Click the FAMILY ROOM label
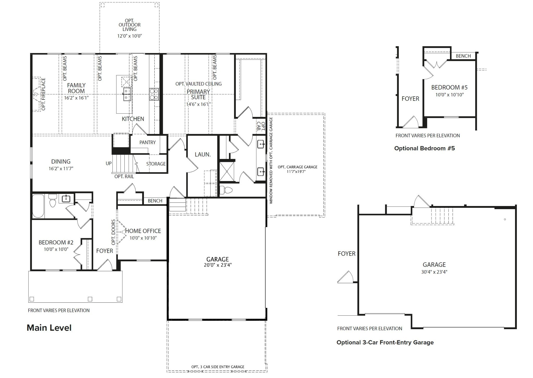click(76, 88)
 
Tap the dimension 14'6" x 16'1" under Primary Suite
click(198, 104)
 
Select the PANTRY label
click(147, 142)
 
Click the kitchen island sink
click(127, 94)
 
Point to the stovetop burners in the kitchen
click(154, 94)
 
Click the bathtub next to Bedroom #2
click(38, 206)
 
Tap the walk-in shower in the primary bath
click(226, 171)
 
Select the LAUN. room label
click(203, 155)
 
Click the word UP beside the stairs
click(109, 163)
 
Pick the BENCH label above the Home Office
click(155, 201)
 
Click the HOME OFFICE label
click(143, 231)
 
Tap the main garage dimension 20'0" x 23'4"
click(218, 265)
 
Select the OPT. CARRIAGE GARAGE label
click(297, 167)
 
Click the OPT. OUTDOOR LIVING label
click(129, 25)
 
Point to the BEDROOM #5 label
click(449, 88)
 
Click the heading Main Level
click(49, 328)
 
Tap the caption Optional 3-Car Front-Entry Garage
click(385, 342)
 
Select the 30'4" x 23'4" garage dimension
click(434, 272)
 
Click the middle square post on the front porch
click(90, 299)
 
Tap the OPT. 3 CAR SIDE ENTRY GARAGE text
click(218, 367)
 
